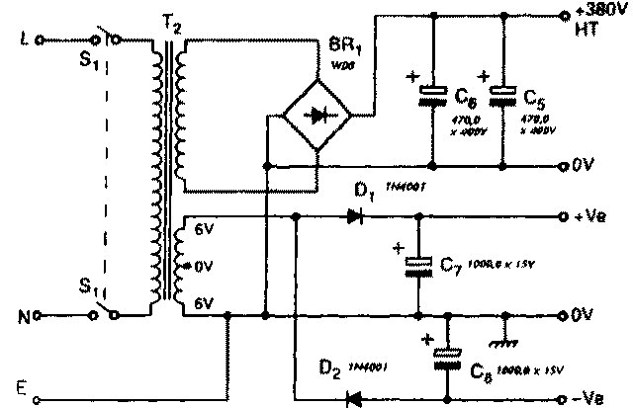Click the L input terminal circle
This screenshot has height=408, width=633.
coord(39,41)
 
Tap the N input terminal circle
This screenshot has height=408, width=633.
coord(39,316)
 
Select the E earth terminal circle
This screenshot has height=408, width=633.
coord(39,400)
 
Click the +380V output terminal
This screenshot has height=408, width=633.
coord(565,15)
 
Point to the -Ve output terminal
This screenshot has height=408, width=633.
coord(564,399)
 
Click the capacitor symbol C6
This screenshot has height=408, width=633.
coord(432,95)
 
